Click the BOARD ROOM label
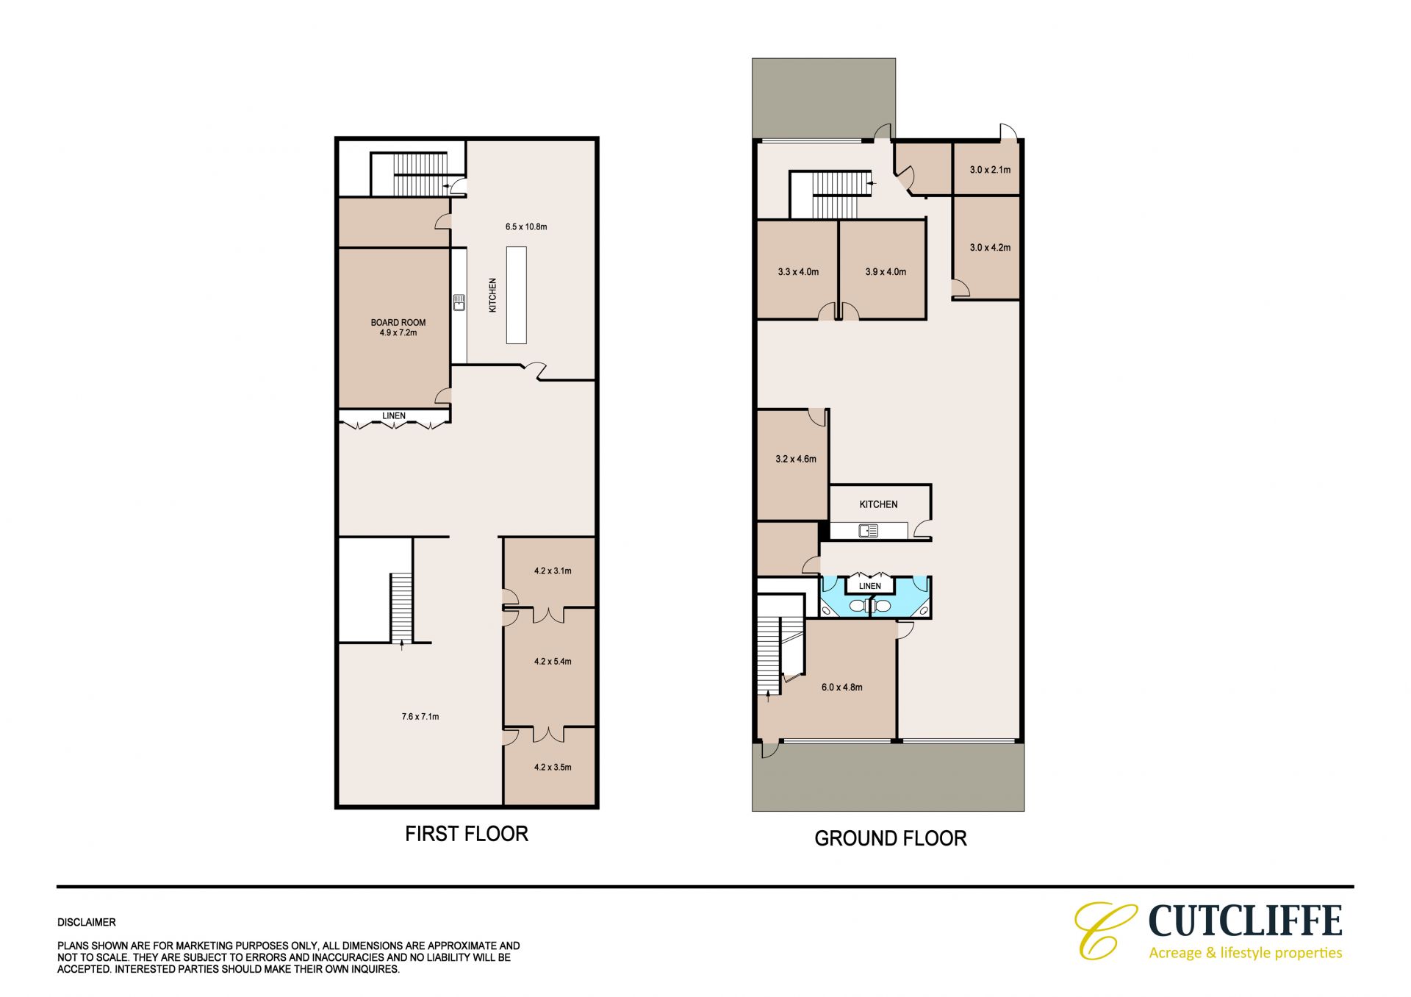click(x=398, y=322)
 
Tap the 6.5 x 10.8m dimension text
click(x=526, y=226)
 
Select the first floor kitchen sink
click(x=459, y=302)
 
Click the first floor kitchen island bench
click(x=516, y=295)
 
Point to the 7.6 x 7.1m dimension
click(x=420, y=716)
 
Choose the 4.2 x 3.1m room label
click(x=553, y=571)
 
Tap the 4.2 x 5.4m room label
click(x=553, y=661)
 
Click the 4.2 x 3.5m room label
click(x=553, y=767)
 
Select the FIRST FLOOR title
click(x=467, y=833)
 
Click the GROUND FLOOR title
click(x=891, y=838)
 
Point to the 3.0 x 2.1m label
click(x=990, y=170)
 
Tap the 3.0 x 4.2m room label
click(x=990, y=247)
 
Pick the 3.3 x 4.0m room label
click(x=798, y=271)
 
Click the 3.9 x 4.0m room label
click(x=886, y=271)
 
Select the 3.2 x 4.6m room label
click(x=796, y=459)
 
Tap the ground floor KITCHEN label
click(x=878, y=504)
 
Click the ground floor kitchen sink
click(x=869, y=530)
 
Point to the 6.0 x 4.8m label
click(x=842, y=687)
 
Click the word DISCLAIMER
click(x=87, y=922)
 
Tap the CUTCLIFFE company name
click(x=1245, y=921)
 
